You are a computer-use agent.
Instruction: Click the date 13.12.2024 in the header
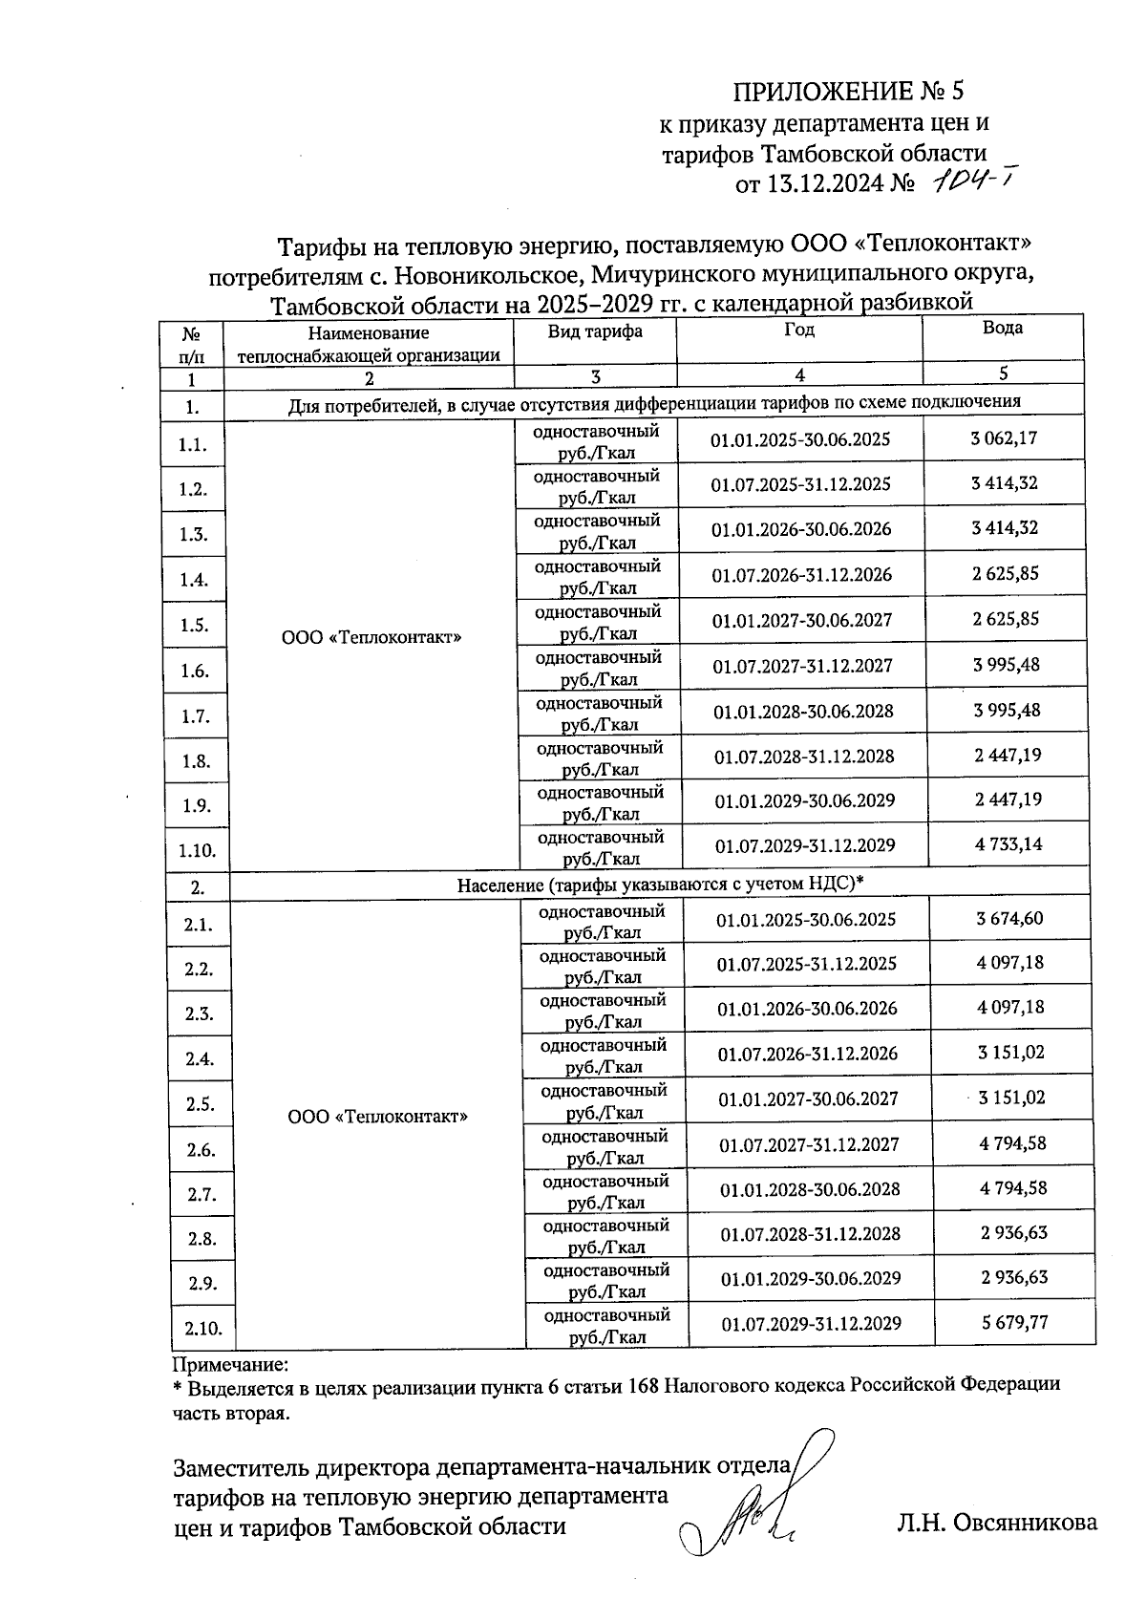(x=825, y=184)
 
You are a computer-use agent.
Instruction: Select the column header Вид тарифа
(x=594, y=331)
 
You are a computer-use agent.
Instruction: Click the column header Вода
(x=1002, y=328)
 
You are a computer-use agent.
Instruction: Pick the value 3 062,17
(x=1004, y=438)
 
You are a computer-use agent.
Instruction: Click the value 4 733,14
(x=1008, y=843)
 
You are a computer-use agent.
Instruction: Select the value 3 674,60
(x=1009, y=918)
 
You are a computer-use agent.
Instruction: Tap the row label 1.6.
(x=195, y=671)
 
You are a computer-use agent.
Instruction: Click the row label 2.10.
(x=202, y=1328)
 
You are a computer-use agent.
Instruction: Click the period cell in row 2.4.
(x=808, y=1053)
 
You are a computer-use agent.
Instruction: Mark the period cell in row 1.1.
(x=800, y=439)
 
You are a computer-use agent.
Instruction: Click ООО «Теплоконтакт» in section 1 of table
(x=371, y=636)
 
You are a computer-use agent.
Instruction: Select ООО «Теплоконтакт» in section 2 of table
(x=378, y=1116)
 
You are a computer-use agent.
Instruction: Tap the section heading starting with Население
(x=660, y=884)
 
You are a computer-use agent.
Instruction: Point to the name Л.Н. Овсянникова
(x=997, y=1523)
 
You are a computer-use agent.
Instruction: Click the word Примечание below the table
(x=230, y=1365)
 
